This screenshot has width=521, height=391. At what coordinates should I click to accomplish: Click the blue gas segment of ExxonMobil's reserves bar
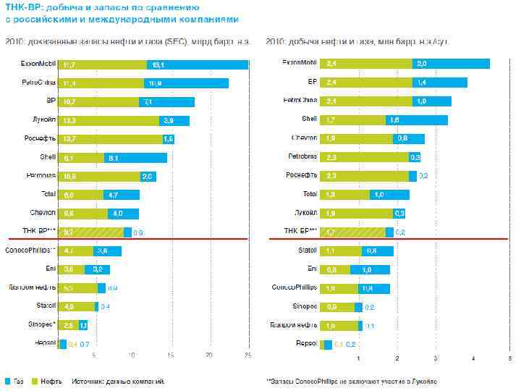click(197, 64)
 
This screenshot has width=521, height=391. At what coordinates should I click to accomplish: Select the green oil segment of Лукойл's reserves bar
click(108, 120)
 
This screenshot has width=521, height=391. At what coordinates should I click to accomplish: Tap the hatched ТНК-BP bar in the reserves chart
click(90, 232)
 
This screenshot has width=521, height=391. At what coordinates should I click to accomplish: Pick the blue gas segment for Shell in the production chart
click(416, 119)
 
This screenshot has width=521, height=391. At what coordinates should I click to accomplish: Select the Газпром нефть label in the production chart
click(294, 325)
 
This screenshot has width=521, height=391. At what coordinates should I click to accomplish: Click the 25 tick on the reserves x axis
click(248, 355)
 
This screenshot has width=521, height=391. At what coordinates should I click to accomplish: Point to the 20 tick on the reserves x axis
click(209, 355)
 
